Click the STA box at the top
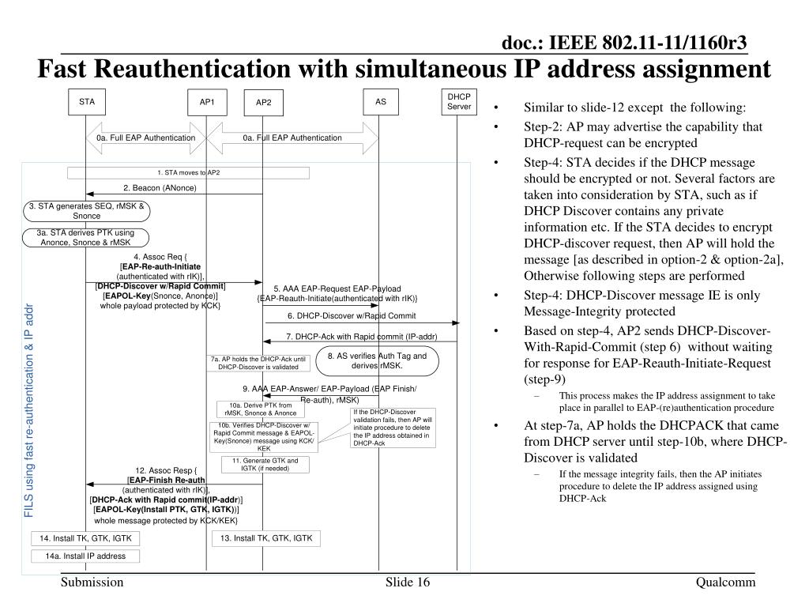86,102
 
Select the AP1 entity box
207,102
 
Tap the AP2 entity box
263,103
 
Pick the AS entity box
381,102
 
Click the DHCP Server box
459,102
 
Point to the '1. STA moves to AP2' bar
188,172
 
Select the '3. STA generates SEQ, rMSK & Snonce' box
86,211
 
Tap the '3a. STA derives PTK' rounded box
86,237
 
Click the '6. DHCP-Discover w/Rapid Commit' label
352,315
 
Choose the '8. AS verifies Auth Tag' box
377,361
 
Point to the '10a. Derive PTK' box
260,409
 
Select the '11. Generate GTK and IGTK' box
259,465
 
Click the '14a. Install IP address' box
85,556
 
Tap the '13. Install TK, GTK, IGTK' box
266,539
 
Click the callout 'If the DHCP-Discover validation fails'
393,428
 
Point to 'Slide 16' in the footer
408,582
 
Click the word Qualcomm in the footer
725,582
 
